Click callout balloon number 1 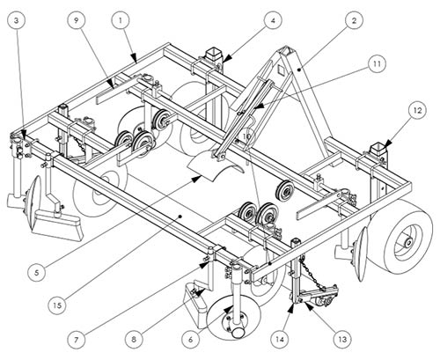121,20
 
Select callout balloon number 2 354,20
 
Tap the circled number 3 16,20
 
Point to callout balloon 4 273,20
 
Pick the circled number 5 37,273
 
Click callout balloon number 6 191,340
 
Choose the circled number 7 76,340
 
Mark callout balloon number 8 134,340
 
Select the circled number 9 77,20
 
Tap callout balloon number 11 377,63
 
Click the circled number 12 417,110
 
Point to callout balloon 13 342,340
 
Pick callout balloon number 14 280,340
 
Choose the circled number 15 57,305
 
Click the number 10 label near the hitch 247,136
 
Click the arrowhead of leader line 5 197,179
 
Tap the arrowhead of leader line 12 388,143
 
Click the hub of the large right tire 408,242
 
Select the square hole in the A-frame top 281,70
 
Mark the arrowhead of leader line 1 134,57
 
